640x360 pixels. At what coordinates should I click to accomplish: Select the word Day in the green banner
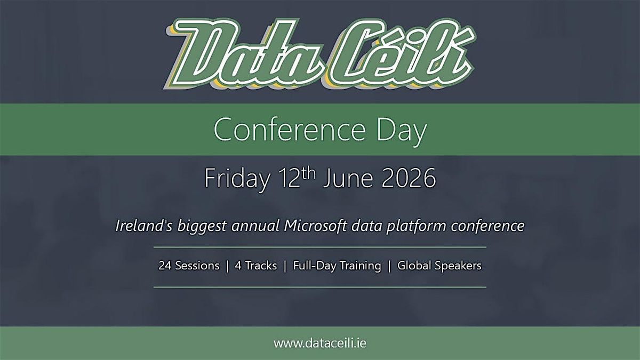tap(402, 132)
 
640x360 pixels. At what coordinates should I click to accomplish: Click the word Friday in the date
tap(237, 179)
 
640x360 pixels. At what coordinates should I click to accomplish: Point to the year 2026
tap(409, 178)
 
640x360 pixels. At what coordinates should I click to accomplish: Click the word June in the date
tap(348, 178)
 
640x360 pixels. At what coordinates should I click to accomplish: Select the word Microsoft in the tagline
tap(315, 226)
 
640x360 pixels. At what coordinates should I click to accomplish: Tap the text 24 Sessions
tap(189, 266)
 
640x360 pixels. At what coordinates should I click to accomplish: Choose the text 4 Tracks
tap(255, 266)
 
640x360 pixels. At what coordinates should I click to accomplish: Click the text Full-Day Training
tap(337, 266)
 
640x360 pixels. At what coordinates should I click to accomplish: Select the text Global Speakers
tap(439, 266)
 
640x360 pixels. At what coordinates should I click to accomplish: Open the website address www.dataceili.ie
tap(319, 343)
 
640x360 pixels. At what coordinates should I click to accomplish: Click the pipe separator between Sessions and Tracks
tap(227, 266)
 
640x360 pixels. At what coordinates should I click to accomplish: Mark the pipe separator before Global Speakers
tap(389, 266)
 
